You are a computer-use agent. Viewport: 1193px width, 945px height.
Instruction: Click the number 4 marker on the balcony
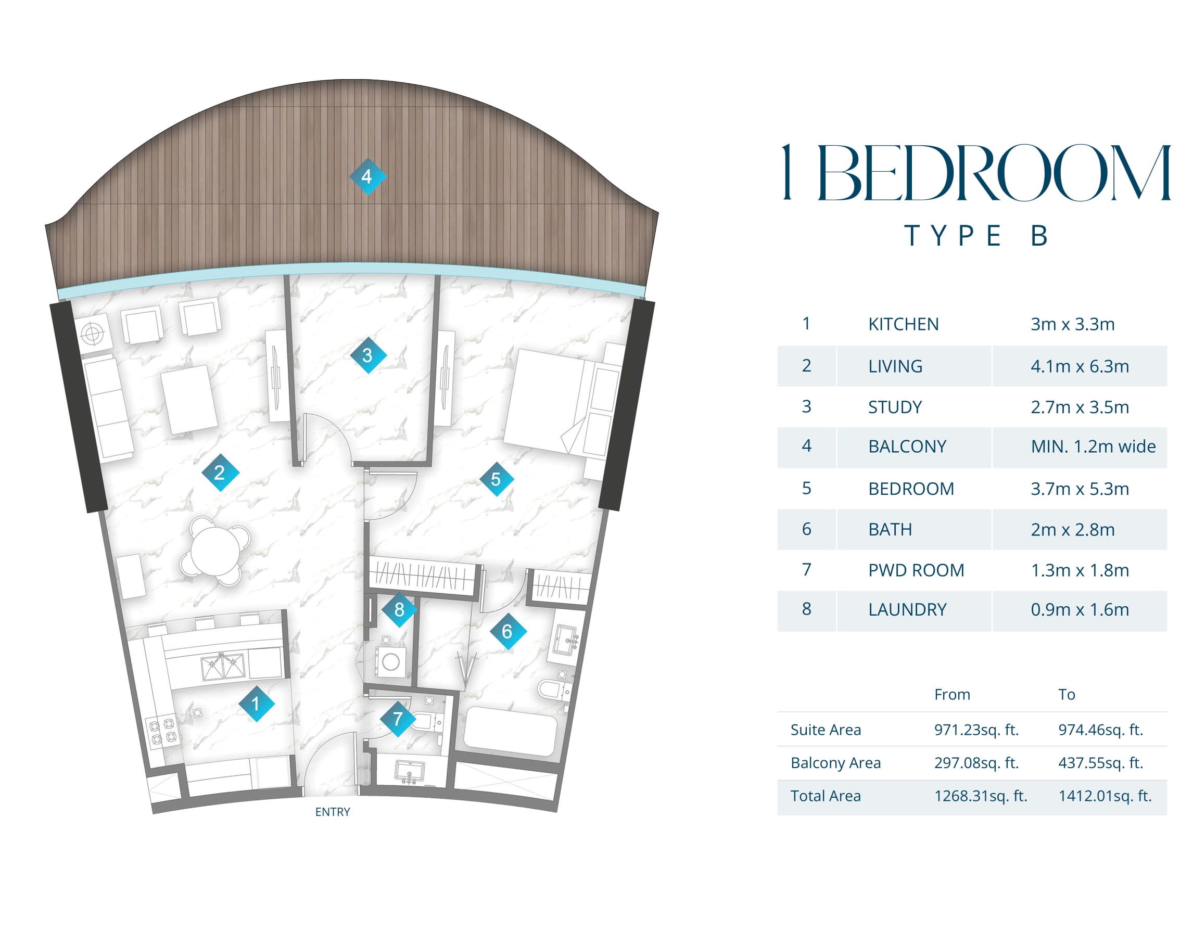367,176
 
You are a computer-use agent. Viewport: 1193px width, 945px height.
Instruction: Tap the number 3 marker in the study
368,355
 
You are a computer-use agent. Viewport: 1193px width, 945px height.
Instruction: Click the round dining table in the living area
215,551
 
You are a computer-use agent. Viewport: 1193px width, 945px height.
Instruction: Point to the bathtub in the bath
510,732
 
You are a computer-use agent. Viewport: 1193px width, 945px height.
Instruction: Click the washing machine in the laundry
391,662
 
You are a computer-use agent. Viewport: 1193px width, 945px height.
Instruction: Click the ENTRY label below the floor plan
333,812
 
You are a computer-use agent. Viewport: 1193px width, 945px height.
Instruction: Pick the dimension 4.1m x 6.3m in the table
1080,366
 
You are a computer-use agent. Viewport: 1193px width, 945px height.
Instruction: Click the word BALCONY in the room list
907,446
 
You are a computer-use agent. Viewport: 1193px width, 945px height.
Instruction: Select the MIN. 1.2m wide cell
1093,446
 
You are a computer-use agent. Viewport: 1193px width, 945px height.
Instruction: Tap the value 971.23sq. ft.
976,730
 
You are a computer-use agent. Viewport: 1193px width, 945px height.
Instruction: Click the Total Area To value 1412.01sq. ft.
1105,796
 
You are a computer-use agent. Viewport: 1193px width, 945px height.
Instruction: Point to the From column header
951,694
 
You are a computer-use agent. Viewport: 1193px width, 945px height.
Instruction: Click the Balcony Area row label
835,763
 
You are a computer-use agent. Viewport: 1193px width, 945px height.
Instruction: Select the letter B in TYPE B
1039,236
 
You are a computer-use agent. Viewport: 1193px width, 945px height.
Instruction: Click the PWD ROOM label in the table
916,570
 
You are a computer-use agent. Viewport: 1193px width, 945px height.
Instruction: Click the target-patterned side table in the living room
93,334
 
